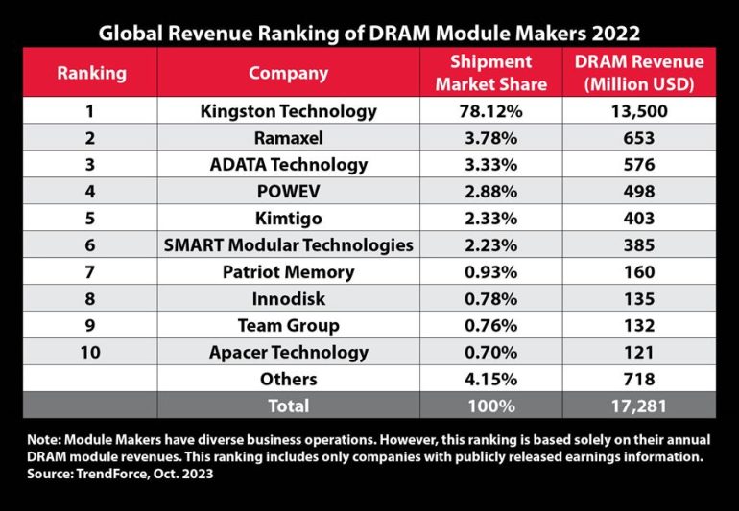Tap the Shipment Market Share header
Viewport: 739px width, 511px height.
pos(491,73)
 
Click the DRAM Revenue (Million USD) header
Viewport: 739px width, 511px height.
pos(639,73)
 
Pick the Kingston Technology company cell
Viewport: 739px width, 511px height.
pos(289,111)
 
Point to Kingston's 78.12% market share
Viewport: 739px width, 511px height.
pos(491,111)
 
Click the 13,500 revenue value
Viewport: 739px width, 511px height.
pos(639,111)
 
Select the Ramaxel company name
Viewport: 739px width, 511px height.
pos(289,138)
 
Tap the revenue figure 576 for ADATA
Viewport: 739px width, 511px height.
pos(639,164)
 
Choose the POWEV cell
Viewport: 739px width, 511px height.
pos(289,191)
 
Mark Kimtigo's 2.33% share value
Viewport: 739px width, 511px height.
pos(491,218)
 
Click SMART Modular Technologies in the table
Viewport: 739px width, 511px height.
pos(289,244)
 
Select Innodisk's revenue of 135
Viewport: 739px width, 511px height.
pos(639,298)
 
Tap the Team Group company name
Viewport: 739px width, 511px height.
pos(289,325)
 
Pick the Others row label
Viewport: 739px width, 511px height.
pos(289,379)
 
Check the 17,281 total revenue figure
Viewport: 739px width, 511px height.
pos(639,406)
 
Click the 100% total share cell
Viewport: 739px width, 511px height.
pos(491,406)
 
